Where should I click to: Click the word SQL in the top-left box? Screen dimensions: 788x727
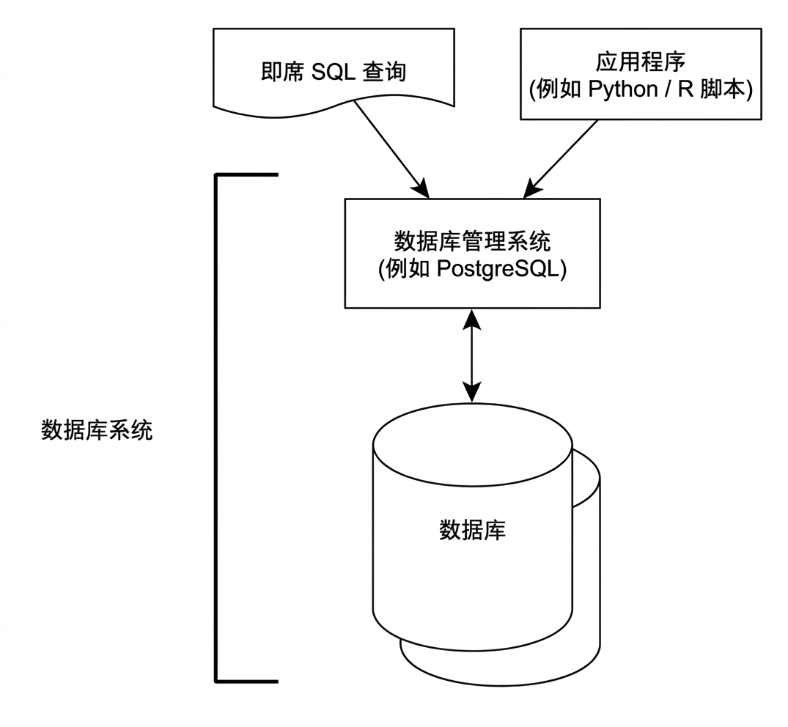[334, 73]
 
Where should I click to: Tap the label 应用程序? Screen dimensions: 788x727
[641, 62]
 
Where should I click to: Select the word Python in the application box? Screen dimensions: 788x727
[622, 90]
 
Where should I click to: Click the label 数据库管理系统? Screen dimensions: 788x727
[472, 241]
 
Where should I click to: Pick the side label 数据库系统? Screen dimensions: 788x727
[97, 431]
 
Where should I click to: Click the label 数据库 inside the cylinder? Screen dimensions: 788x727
[472, 530]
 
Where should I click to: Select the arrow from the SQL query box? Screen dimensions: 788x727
[391, 150]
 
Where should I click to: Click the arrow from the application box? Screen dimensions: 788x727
[560, 159]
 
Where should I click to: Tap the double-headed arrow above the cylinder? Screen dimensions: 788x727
[472, 355]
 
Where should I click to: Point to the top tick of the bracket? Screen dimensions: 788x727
[246, 175]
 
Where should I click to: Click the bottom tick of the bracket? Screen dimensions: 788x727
[246, 682]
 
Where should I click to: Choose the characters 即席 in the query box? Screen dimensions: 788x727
[282, 73]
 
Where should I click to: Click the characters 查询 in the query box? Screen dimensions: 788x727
[384, 73]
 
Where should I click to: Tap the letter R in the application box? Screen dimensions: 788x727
[685, 89]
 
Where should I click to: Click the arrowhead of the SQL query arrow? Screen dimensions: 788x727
[421, 188]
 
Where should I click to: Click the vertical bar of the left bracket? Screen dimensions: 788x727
[216, 428]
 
